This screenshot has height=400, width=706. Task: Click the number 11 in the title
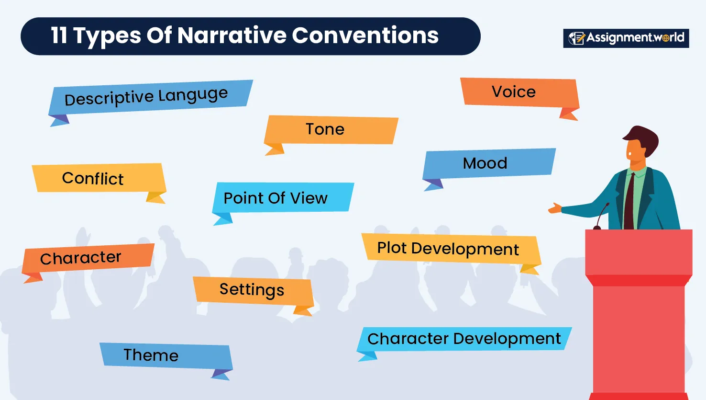(x=59, y=35)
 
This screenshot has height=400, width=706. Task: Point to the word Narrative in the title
(x=232, y=35)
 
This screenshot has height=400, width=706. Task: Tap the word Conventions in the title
(x=365, y=35)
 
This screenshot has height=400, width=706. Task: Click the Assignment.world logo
(x=626, y=38)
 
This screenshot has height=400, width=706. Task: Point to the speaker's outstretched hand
(x=555, y=208)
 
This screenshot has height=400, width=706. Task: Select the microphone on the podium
(x=600, y=216)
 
